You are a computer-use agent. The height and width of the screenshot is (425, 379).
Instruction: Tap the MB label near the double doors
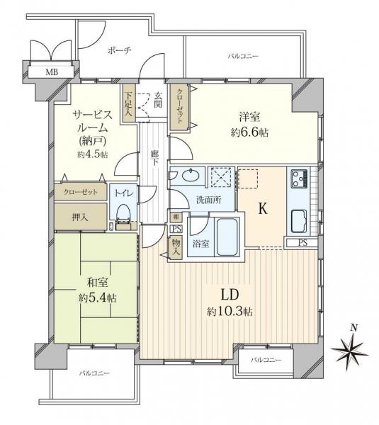point(52,72)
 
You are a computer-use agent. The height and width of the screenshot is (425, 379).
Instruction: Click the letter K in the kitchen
point(261,210)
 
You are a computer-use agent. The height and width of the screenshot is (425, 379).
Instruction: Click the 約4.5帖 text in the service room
point(93,154)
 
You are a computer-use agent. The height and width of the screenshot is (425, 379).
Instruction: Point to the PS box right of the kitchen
point(302,243)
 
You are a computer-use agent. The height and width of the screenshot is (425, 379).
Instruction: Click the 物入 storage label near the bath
point(174,246)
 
